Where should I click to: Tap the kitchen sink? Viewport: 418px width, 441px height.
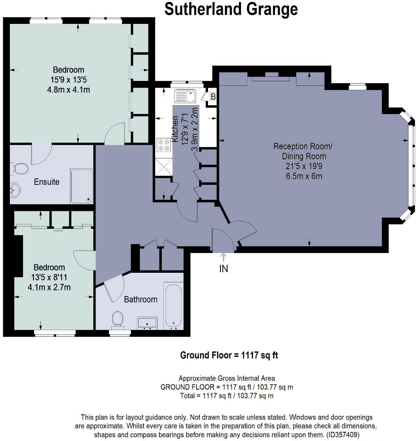pyautogui.click(x=185, y=96)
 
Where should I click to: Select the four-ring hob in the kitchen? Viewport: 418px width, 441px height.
pyautogui.click(x=164, y=145)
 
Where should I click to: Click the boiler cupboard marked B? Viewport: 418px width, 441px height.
pyautogui.click(x=213, y=97)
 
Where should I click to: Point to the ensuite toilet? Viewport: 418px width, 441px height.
pyautogui.click(x=19, y=168)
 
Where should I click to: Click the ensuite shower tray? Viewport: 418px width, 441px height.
pyautogui.click(x=82, y=186)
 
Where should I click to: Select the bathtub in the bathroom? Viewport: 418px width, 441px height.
pyautogui.click(x=173, y=306)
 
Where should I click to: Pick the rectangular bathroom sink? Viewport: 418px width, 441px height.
pyautogui.click(x=147, y=323)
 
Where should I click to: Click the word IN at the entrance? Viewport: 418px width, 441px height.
pyautogui.click(x=223, y=269)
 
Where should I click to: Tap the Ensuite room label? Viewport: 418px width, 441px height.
pyautogui.click(x=47, y=182)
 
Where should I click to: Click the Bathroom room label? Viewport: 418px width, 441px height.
pyautogui.click(x=141, y=300)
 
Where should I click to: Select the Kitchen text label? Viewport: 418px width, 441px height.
pyautogui.click(x=175, y=129)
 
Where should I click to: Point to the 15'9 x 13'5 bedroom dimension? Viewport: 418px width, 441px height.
pyautogui.click(x=68, y=80)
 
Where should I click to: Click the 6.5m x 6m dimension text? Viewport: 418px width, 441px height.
pyautogui.click(x=304, y=176)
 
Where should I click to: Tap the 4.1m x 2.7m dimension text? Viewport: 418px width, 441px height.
pyautogui.click(x=49, y=287)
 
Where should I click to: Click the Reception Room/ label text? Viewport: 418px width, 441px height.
pyautogui.click(x=303, y=147)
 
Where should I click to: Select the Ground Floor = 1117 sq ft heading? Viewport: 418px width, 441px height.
pyautogui.click(x=229, y=355)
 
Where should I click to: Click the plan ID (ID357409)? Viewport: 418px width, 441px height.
pyautogui.click(x=343, y=435)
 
